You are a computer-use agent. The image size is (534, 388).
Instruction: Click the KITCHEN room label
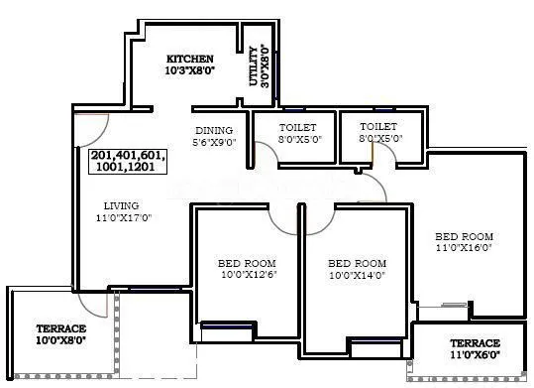click(x=189, y=59)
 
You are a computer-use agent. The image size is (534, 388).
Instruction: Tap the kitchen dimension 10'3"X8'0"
click(x=189, y=71)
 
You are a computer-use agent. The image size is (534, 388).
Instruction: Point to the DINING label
click(x=213, y=130)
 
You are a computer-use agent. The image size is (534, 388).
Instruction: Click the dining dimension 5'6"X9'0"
click(x=213, y=143)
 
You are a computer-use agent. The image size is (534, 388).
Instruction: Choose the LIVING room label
click(x=118, y=205)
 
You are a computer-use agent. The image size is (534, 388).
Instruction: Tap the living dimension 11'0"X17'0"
click(x=118, y=218)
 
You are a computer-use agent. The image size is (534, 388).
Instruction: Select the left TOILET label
click(x=297, y=127)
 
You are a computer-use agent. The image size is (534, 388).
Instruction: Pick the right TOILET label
click(x=378, y=127)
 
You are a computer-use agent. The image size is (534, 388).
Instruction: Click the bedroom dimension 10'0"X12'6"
click(x=240, y=277)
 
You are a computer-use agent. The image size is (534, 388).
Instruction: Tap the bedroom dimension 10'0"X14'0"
click(x=357, y=277)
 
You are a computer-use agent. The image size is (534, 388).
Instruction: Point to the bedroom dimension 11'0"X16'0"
click(x=464, y=248)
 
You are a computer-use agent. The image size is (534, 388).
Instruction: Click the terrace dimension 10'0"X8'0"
click(x=61, y=341)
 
